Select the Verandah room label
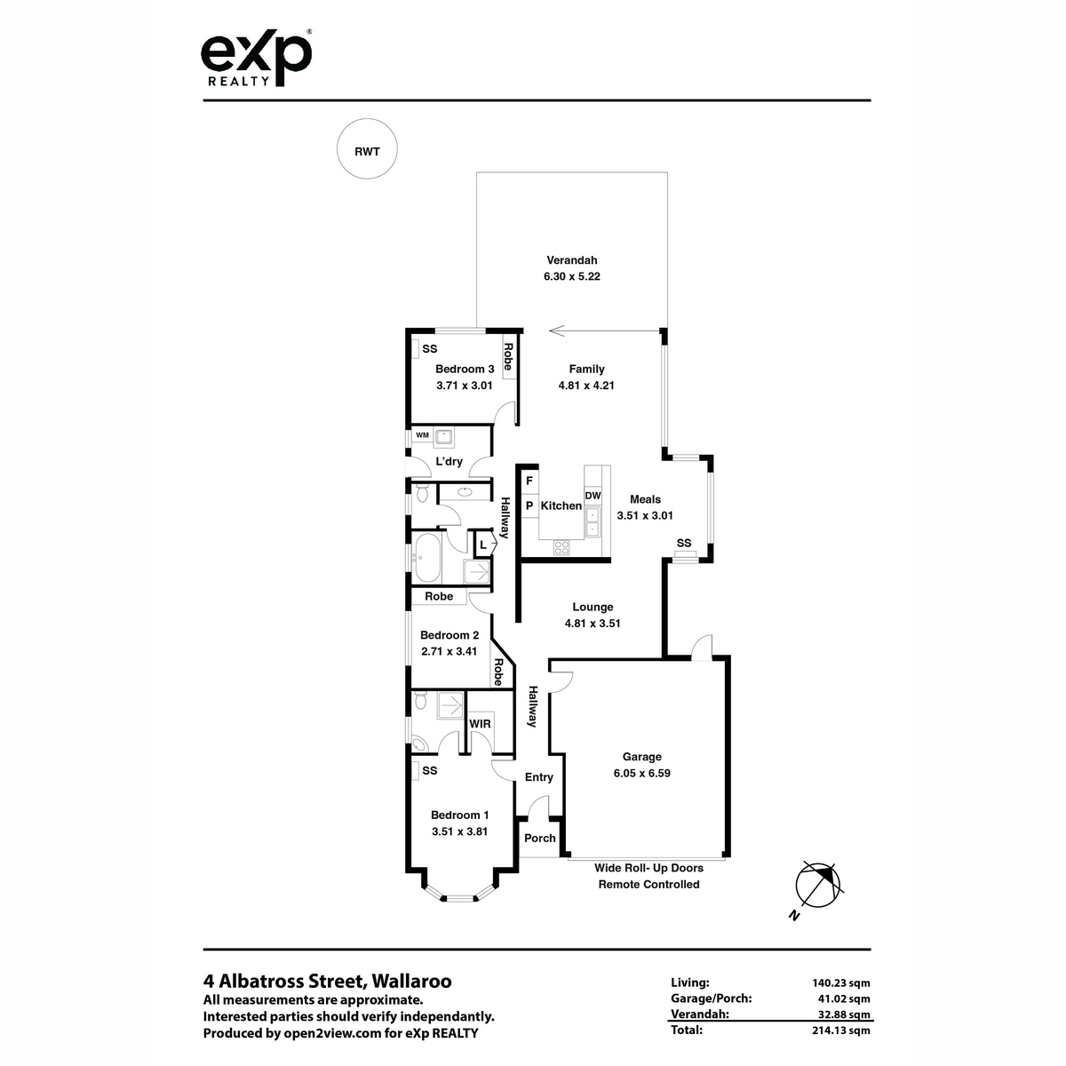coord(571,260)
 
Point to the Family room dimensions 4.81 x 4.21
coord(586,386)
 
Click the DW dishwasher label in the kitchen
coord(593,496)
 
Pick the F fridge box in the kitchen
coord(529,481)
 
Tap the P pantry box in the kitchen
coord(529,505)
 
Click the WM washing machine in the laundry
coord(422,435)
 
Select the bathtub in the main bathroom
coord(427,557)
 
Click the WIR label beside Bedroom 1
coord(480,724)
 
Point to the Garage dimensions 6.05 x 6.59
coord(641,773)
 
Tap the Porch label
coord(539,838)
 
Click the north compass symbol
coord(817,885)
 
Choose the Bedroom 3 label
coord(465,369)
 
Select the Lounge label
coord(593,607)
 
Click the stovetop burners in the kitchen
coord(561,548)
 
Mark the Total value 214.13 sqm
coord(841,1030)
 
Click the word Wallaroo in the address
coord(411,981)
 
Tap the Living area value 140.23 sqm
coord(841,983)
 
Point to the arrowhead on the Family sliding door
coord(556,330)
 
